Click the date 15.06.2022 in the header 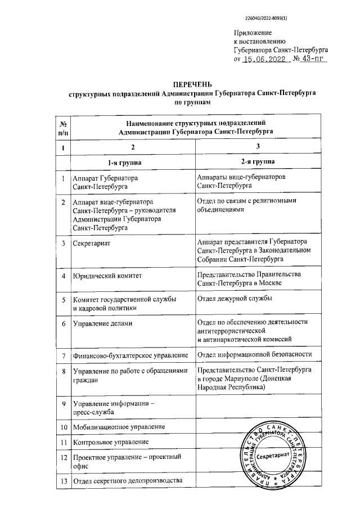coord(266,58)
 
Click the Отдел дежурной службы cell coord(235,298)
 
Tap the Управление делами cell coord(100,324)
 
